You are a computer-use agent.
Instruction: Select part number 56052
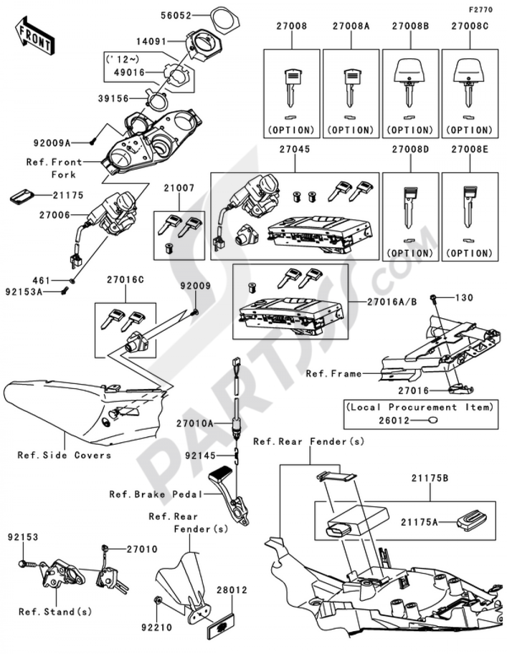pos(176,15)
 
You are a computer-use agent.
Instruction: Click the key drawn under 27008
pos(291,88)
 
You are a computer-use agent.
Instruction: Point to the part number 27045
pos(294,150)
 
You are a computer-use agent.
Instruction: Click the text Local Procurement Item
pos(419,407)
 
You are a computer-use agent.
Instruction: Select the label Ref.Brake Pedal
pos(156,494)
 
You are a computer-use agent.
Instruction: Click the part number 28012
pos(232,590)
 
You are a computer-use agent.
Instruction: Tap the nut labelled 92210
pos(158,601)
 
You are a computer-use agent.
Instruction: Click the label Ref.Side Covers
pos(64,455)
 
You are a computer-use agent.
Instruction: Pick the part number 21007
pos(178,188)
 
